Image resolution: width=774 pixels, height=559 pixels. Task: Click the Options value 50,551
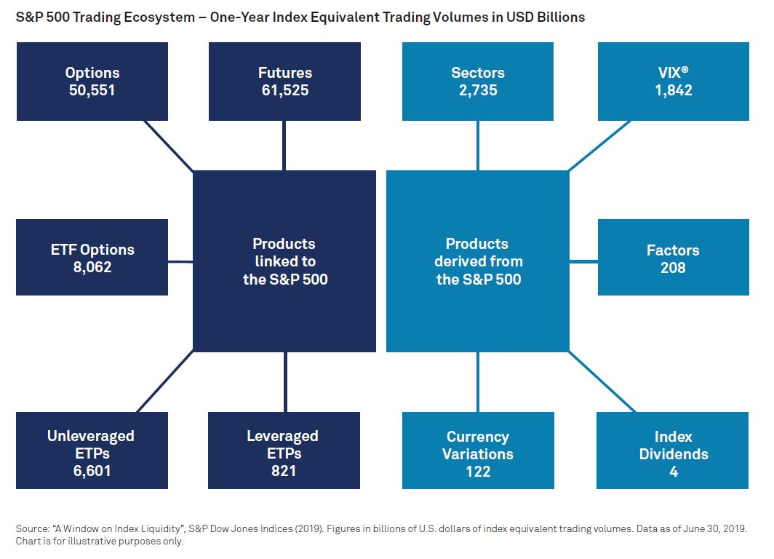point(92,90)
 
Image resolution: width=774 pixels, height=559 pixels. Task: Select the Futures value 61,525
point(285,90)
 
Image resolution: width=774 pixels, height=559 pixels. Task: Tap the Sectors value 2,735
point(478,90)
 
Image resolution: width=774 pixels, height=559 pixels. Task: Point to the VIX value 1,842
point(674,90)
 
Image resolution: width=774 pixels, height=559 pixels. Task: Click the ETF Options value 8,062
point(92,267)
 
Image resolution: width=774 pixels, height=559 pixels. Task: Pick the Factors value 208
point(673,268)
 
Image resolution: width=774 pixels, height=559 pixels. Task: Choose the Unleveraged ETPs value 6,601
point(92,471)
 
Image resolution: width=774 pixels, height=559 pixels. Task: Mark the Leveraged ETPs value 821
point(284,471)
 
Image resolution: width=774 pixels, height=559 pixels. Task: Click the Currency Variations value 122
point(478,472)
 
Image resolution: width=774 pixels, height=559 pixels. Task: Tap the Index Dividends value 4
point(674,472)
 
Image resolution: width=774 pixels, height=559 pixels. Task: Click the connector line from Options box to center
point(168,146)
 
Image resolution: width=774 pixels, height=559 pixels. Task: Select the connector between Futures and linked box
point(284,146)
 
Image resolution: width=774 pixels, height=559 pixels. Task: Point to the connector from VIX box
point(599,146)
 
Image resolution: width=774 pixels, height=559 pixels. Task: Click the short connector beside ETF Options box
point(180,262)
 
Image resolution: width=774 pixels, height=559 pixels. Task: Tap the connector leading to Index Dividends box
point(602,381)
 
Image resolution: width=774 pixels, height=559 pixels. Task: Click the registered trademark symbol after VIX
point(685,70)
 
